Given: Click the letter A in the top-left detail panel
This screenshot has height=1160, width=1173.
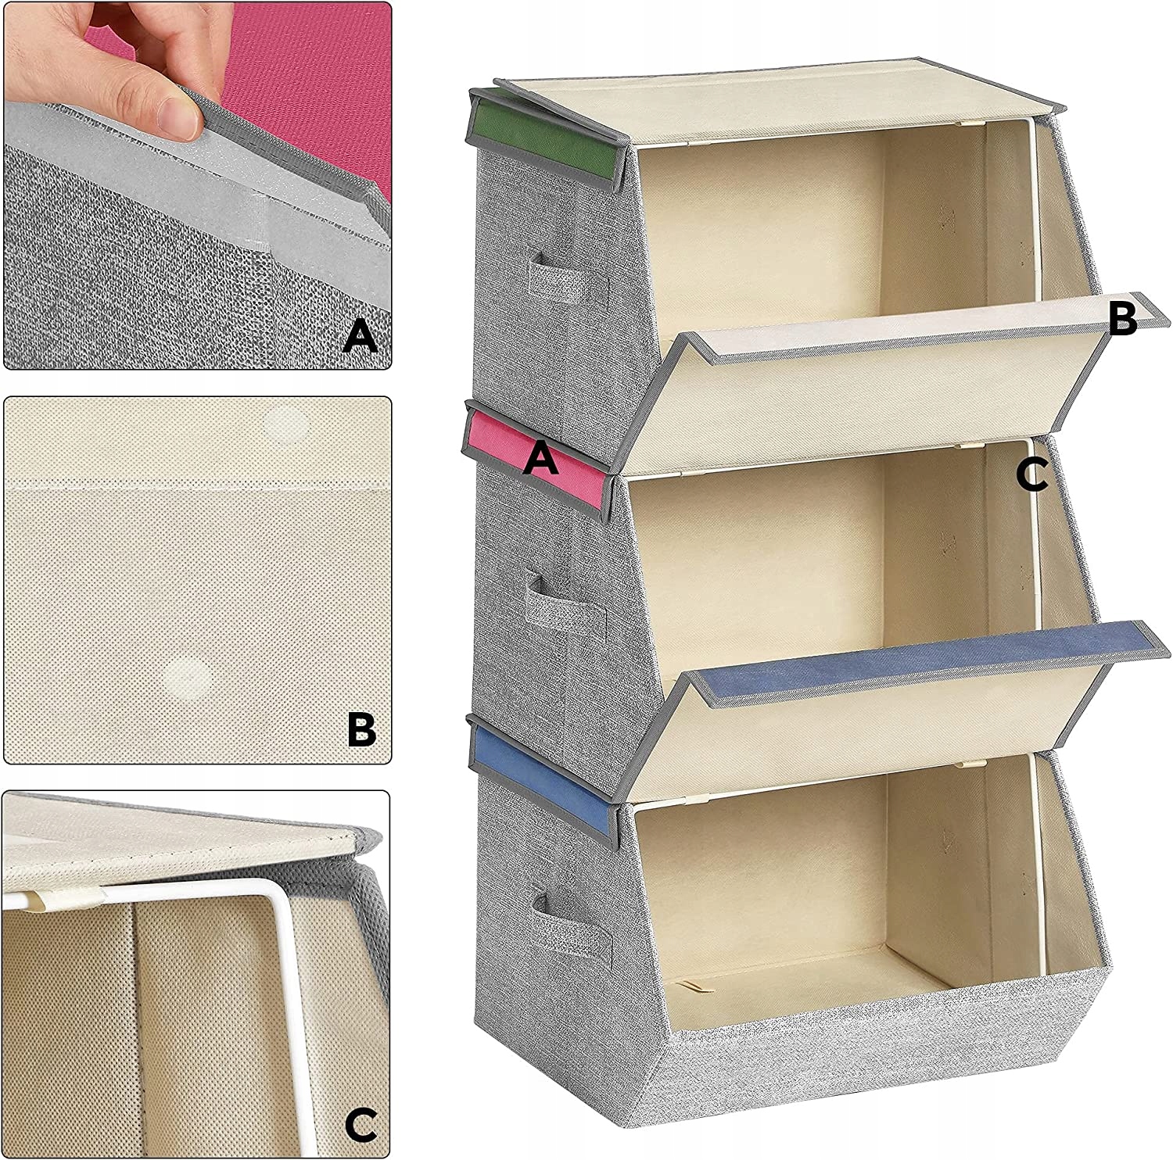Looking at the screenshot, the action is coord(361,337).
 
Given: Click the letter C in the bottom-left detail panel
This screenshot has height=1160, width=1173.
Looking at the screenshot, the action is coord(361,1124).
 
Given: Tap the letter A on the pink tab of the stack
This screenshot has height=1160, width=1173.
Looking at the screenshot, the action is coord(541,456).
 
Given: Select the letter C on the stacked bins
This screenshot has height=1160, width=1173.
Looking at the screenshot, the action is coord(1031,474).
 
